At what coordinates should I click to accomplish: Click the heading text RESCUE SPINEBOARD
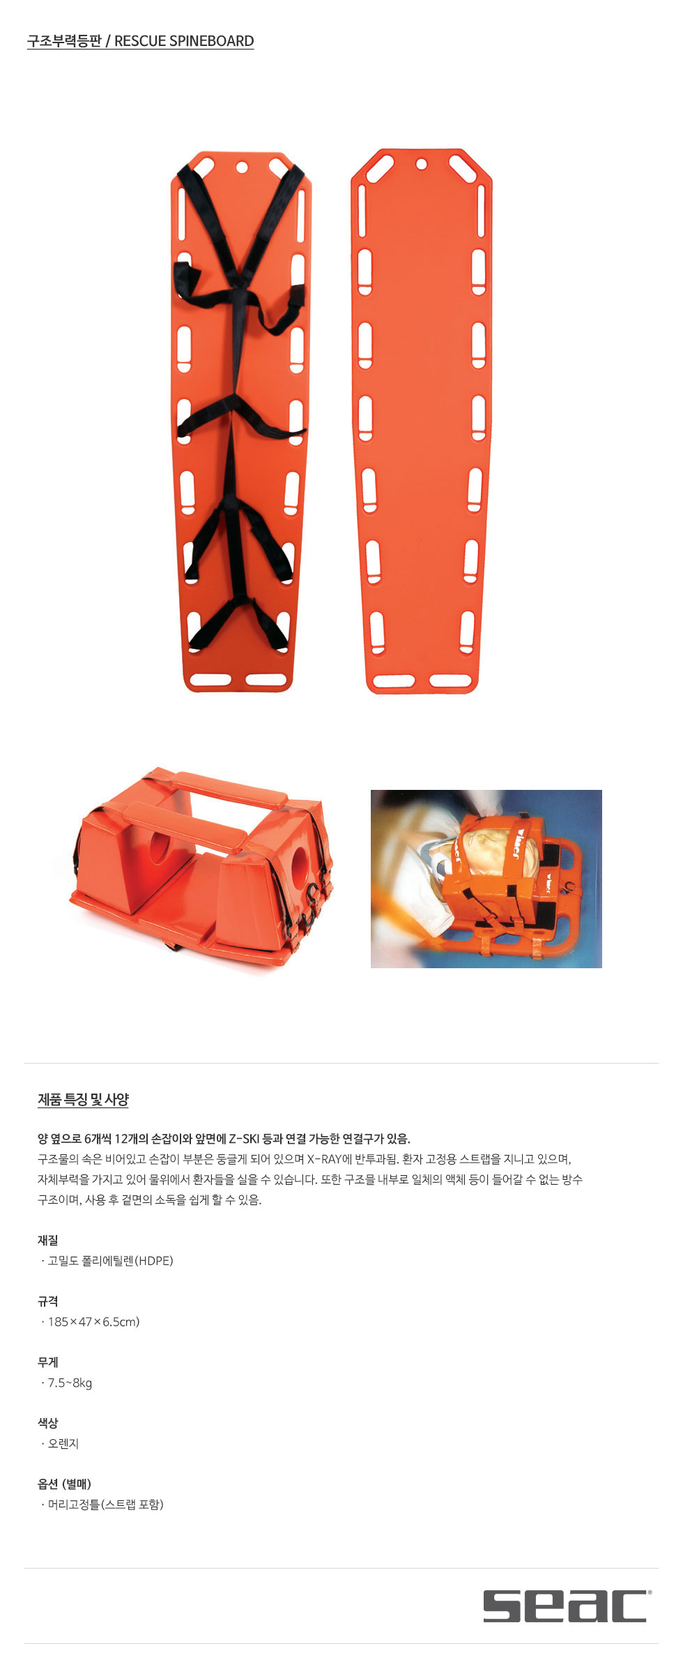coord(184,41)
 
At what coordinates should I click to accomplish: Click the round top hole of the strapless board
coord(422,164)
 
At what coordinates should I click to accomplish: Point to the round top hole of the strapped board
coord(242,167)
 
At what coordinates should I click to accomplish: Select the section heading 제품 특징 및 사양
coord(83,1099)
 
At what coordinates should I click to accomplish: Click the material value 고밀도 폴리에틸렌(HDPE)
coord(110,1260)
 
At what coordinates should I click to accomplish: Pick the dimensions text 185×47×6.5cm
coord(93,1321)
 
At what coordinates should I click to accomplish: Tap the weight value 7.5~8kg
coord(70,1383)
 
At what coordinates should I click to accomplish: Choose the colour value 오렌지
coord(63,1443)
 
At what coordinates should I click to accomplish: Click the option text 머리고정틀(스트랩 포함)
coord(105,1505)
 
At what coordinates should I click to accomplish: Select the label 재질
coord(48,1240)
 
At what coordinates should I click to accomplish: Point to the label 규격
coord(48,1301)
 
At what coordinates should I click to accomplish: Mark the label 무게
coord(48,1362)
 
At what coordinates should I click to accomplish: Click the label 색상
coord(48,1423)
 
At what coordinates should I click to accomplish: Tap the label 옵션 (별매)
coord(65,1484)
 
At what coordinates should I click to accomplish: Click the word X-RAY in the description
coord(324,1159)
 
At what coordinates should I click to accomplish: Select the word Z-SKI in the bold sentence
coord(245,1139)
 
